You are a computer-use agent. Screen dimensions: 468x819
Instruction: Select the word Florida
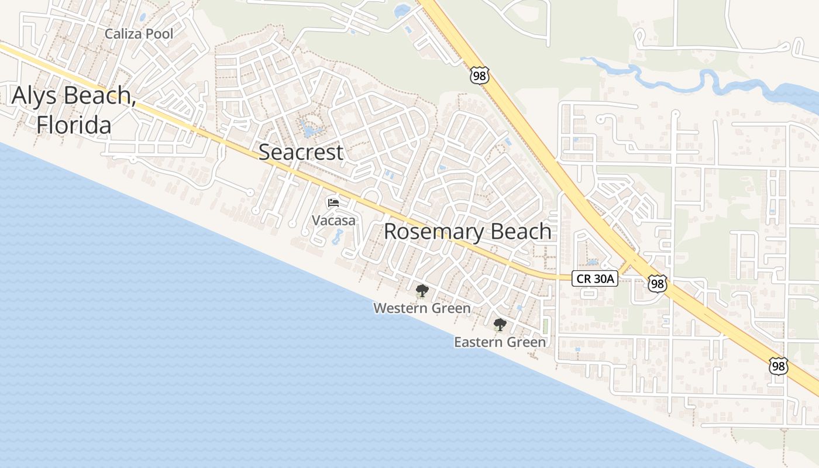point(74,125)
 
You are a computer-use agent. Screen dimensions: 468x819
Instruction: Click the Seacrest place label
point(301,152)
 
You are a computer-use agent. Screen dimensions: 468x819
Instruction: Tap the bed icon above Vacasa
point(333,203)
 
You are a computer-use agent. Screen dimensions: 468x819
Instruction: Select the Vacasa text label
point(333,221)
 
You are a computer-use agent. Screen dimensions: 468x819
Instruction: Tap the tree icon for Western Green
point(421,290)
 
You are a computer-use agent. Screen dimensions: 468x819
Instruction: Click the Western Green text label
point(422,308)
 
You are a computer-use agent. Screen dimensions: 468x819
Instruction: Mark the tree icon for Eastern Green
point(500,325)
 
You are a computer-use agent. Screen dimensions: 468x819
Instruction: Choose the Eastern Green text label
point(500,342)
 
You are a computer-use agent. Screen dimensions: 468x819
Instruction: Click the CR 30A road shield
point(595,279)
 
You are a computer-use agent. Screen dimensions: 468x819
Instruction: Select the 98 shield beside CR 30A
point(657,284)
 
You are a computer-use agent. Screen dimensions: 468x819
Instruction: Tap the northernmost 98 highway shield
point(479,75)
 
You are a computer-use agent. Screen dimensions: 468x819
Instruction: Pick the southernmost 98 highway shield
point(778,366)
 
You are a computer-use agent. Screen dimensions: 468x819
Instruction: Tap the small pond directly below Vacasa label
point(338,237)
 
